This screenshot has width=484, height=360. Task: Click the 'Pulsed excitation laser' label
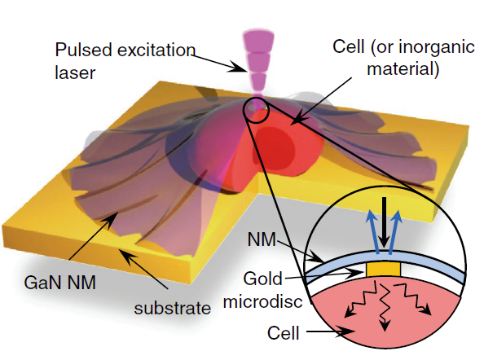[x=125, y=61]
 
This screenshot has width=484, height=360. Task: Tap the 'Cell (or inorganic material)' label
[x=403, y=58]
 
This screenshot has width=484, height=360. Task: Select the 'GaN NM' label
[x=59, y=282]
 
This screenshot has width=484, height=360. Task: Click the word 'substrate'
[x=172, y=308]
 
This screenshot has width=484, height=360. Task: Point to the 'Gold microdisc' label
[x=262, y=290]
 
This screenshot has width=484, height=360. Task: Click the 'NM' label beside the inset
[x=262, y=239]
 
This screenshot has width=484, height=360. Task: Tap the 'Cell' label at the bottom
[x=283, y=333]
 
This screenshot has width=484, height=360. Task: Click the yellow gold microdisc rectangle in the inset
[x=384, y=270]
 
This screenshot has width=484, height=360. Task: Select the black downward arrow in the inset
[x=384, y=222]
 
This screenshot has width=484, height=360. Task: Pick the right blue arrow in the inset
[x=394, y=231]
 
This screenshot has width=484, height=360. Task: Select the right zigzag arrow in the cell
[x=412, y=298]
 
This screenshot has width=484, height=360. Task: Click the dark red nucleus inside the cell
[x=274, y=149]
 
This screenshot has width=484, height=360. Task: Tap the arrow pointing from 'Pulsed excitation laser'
[x=219, y=63]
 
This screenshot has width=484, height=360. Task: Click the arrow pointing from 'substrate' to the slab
[x=143, y=269]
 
